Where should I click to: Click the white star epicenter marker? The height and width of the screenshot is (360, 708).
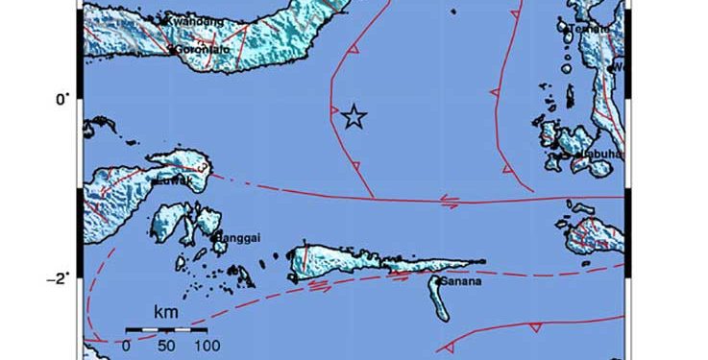click(354, 116)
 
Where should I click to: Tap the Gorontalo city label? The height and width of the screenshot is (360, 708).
click(205, 49)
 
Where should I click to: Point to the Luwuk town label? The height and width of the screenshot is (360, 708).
click(176, 179)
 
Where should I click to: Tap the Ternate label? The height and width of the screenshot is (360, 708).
click(590, 29)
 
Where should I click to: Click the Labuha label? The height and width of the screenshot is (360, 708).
click(599, 154)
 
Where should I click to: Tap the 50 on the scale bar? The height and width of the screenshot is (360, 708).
click(164, 343)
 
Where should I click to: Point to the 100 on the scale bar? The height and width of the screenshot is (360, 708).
click(206, 343)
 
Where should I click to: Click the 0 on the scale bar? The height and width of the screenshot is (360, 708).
click(127, 343)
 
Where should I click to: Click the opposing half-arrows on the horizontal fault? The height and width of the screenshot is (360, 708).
click(448, 201)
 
